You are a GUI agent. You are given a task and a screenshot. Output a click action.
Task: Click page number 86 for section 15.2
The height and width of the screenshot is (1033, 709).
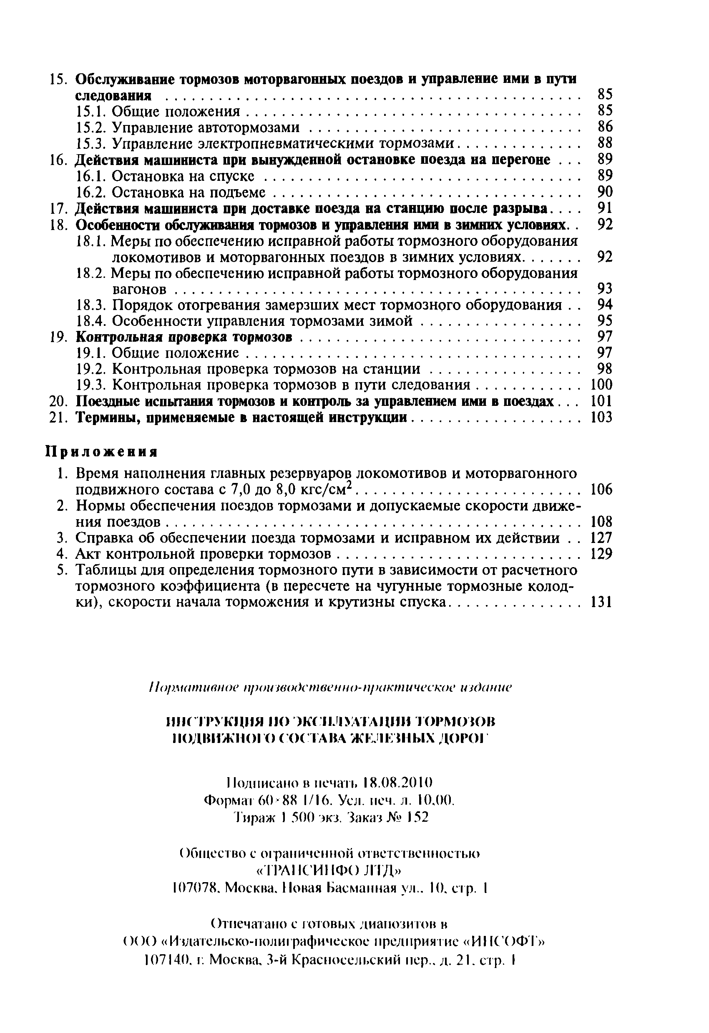pos(605,127)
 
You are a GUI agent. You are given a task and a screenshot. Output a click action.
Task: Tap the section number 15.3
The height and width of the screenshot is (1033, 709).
pos(91,144)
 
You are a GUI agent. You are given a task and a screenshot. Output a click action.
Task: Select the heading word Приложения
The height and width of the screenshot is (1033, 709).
pos(102,452)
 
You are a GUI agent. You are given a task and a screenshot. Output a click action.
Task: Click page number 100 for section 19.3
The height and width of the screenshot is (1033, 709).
pos(601,385)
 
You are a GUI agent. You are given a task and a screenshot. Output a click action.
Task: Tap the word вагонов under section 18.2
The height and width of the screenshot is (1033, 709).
pos(139,290)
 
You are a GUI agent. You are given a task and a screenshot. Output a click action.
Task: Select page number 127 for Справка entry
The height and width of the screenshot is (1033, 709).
pos(601,538)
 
